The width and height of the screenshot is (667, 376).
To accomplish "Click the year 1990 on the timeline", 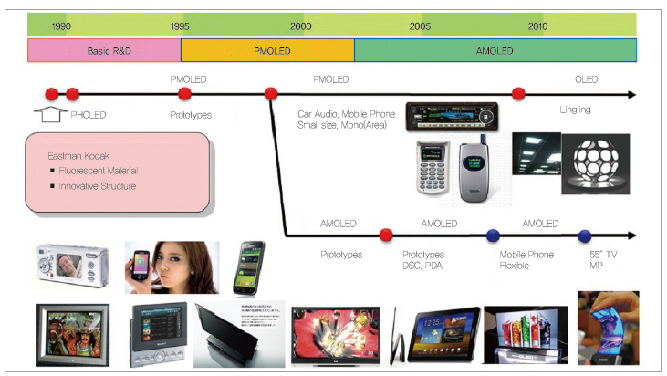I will coord(61,26).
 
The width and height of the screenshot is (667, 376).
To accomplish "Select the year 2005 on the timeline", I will coord(420,26).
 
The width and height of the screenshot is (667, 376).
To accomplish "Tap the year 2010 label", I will coord(537,26).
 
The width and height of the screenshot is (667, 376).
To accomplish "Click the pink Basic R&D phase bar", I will coord(105,51).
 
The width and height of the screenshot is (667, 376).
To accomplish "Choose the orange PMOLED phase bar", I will coord(267,51).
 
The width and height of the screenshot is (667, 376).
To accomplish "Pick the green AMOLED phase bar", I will coord(495,51).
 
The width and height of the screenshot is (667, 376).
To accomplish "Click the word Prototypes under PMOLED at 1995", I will coord(190,116).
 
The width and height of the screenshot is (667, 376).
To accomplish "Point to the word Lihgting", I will coord(575,110).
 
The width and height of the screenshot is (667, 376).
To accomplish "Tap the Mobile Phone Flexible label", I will coord(526,259).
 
